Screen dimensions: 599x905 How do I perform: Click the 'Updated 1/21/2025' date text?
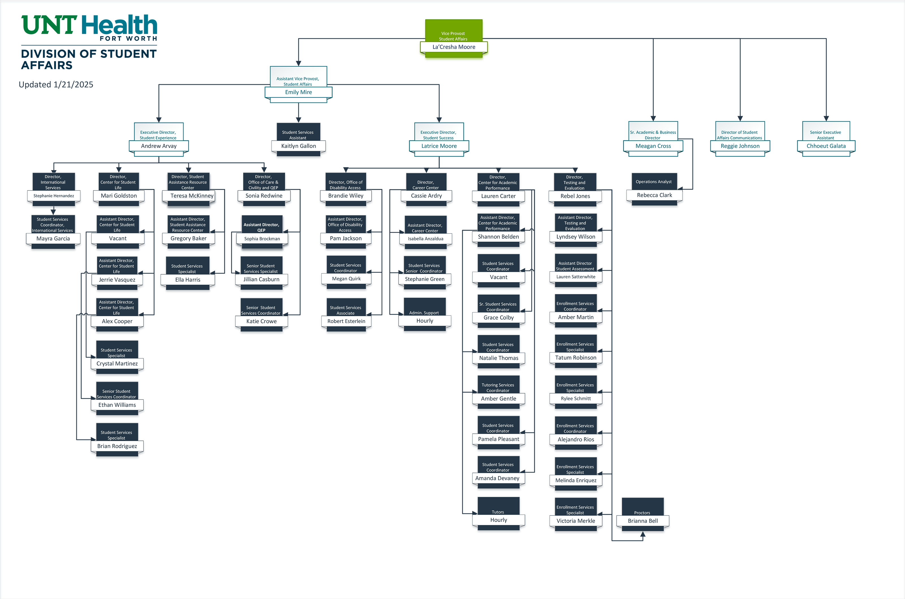click(x=56, y=84)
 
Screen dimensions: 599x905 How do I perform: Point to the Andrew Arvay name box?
click(x=159, y=146)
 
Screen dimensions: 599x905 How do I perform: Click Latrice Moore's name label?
click(x=439, y=146)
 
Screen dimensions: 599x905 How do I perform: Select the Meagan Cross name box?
click(x=653, y=146)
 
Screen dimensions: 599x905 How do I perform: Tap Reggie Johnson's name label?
click(x=740, y=146)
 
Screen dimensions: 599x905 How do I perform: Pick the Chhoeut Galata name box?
click(x=826, y=146)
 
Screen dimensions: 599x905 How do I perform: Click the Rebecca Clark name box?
click(x=654, y=195)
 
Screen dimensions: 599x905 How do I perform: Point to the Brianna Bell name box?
click(x=643, y=521)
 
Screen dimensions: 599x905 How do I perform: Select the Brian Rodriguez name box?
click(x=117, y=446)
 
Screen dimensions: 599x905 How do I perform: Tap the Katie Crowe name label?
click(x=262, y=321)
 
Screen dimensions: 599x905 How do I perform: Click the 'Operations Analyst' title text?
click(x=653, y=182)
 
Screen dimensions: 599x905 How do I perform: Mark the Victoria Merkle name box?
click(x=576, y=521)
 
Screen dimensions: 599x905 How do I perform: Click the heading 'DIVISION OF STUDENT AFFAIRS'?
click(x=89, y=59)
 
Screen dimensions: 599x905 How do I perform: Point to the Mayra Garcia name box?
click(x=53, y=239)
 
